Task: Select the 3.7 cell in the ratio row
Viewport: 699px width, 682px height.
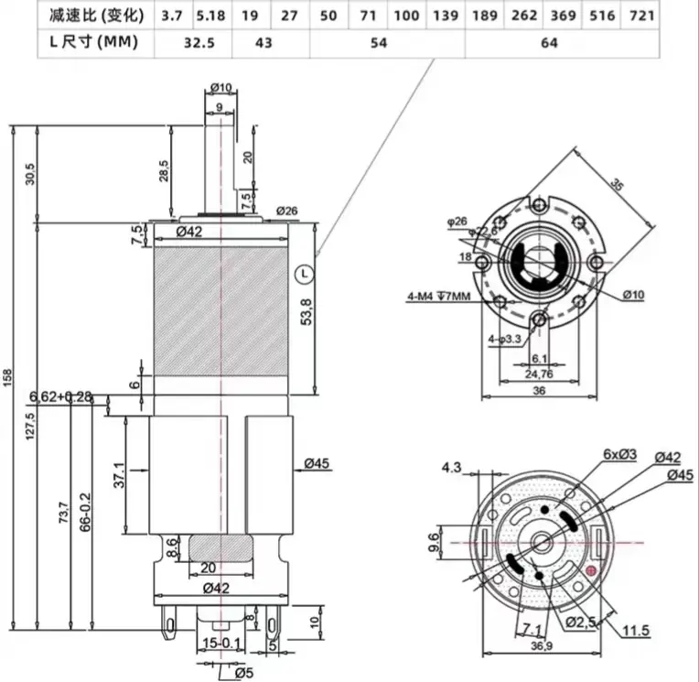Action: (x=171, y=15)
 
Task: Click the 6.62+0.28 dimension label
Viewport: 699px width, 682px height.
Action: (x=60, y=396)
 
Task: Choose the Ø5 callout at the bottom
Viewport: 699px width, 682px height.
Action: (x=241, y=674)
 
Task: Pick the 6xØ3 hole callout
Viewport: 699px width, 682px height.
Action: (x=627, y=453)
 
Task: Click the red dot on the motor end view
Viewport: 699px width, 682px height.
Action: (x=591, y=571)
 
